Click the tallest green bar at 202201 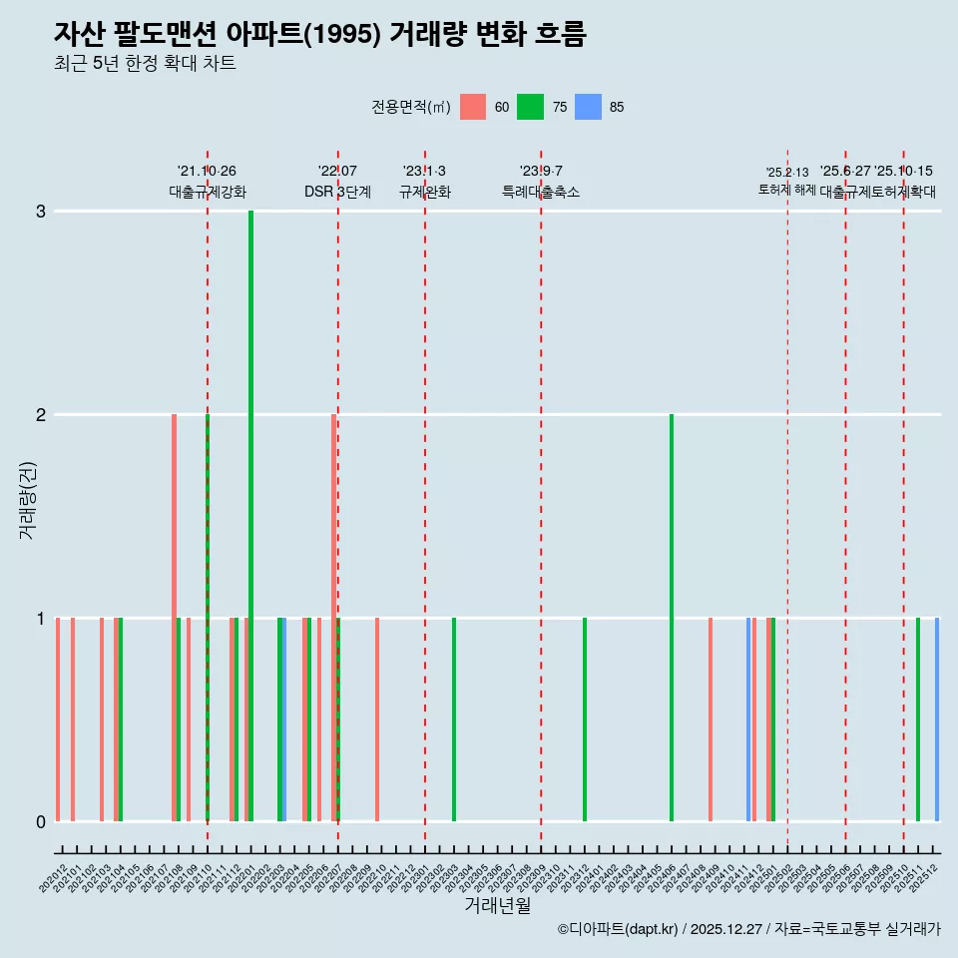coord(250,515)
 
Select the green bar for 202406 coord(672,617)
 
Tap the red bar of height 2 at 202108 coord(174,617)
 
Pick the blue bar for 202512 coord(937,718)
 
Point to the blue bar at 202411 coord(748,718)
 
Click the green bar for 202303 coord(454,718)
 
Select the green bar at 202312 coord(585,718)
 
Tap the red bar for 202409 coord(711,718)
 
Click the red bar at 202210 coord(377,718)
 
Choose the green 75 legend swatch coord(530,107)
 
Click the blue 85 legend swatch coord(588,107)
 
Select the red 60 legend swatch coord(473,107)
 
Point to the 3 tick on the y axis coord(41,211)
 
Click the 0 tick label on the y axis coord(41,821)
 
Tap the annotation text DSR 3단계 coord(337,192)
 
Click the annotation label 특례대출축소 coord(540,192)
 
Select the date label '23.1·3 coord(424,172)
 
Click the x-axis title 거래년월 coord(497,906)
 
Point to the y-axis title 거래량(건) coord(27,499)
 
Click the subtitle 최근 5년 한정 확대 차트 coord(145,64)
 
